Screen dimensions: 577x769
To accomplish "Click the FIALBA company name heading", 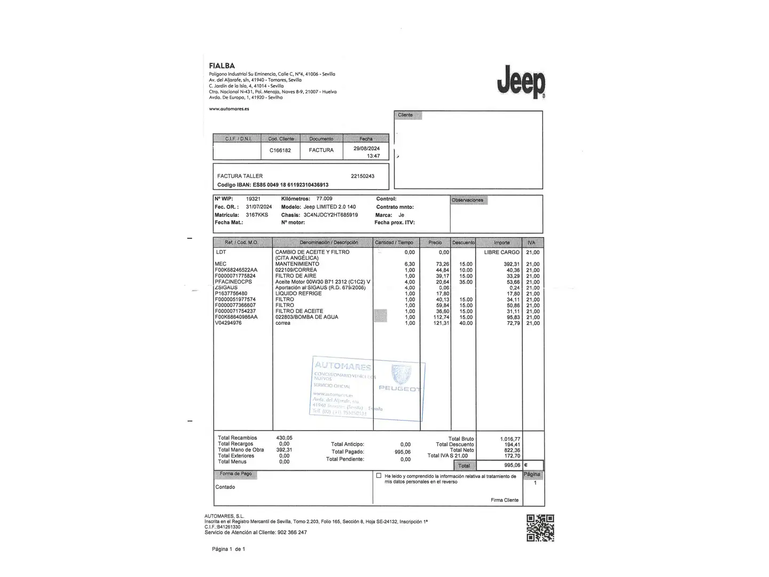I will point(222,66).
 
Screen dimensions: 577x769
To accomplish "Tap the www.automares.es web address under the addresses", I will point(229,108).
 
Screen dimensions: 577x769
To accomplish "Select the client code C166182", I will point(280,150).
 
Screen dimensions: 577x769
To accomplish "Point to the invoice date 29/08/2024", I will point(366,149).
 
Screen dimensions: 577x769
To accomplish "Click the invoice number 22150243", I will point(363,176).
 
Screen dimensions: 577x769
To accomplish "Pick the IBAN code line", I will point(272,185).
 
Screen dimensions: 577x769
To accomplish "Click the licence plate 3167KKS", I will point(257,215).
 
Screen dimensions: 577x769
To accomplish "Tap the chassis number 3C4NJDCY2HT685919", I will point(331,215).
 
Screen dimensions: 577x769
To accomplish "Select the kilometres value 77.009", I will point(324,199).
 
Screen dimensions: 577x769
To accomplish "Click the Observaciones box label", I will point(467,200).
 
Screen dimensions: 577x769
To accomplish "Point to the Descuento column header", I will point(463,243).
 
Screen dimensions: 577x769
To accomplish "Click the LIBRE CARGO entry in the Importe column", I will point(501,252).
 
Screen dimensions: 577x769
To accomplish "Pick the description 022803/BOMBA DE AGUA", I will point(307,317).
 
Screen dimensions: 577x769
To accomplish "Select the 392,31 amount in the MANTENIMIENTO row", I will point(512,264).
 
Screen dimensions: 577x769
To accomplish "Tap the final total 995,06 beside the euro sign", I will point(512,465).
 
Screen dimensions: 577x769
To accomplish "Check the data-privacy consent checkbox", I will point(379,475).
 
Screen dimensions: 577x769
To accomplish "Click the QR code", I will point(540,528).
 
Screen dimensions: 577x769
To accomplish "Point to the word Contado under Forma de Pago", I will point(225,487).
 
